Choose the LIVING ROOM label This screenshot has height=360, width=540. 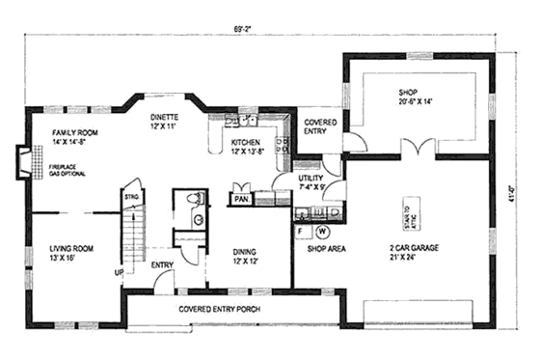[71, 254]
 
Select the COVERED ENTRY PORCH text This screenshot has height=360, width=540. [224, 310]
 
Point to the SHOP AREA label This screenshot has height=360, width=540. [326, 248]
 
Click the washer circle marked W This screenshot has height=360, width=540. [321, 232]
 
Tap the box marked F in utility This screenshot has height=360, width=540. [302, 232]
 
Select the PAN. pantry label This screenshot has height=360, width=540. [239, 199]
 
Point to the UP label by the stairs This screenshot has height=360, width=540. [120, 272]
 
